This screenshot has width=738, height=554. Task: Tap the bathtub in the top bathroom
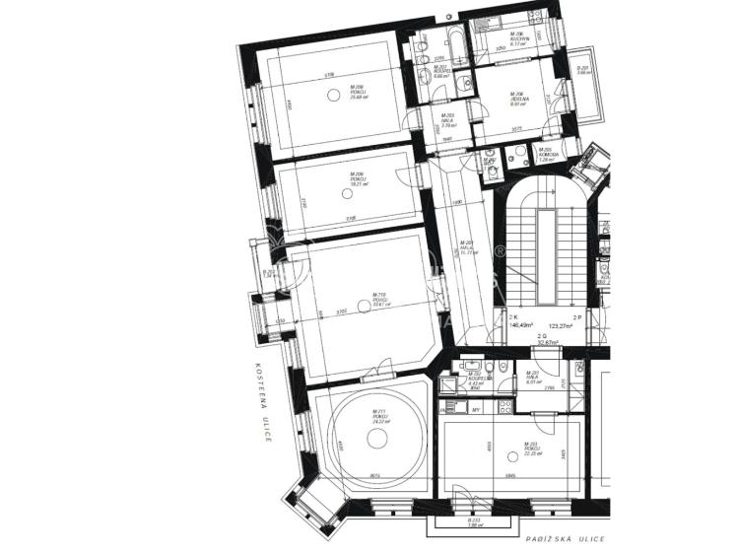pyautogui.click(x=456, y=40)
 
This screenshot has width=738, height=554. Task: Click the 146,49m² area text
pyautogui.click(x=520, y=324)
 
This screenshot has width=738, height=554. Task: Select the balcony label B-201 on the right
pyautogui.click(x=582, y=70)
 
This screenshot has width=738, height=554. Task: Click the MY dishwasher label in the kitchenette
pyautogui.click(x=476, y=407)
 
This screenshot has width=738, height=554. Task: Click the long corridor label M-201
pyautogui.click(x=469, y=248)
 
